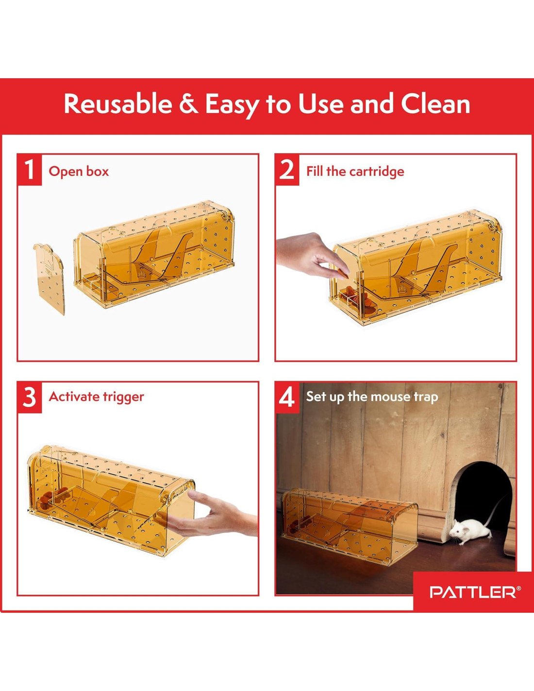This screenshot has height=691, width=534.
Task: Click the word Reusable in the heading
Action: coord(118,104)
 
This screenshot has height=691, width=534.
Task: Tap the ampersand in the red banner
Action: coord(189,104)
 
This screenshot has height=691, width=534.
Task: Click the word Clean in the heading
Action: coord(435,104)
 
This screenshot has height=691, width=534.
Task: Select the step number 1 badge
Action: coord(30,170)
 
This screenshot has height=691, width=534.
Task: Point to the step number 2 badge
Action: coord(287,170)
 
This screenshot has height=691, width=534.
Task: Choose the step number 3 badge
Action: coord(30,397)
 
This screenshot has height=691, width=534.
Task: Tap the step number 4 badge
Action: coord(287,397)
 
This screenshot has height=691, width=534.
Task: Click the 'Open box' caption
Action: coord(79,172)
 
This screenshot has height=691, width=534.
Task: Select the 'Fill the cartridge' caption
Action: coord(355,172)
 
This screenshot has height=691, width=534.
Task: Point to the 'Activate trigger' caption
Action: coord(96,397)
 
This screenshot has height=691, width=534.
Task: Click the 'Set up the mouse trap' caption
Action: coord(372,397)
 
